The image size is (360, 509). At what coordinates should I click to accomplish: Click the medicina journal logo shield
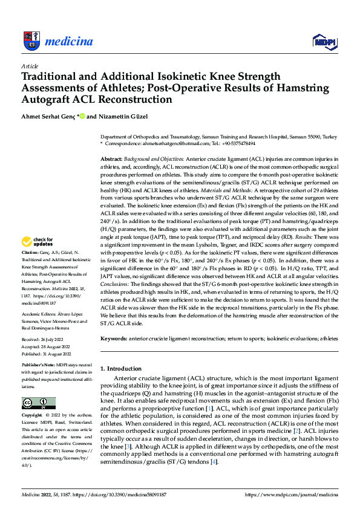pyautogui.click(x=31, y=41)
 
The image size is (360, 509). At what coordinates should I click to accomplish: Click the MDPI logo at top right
pyautogui.click(x=323, y=41)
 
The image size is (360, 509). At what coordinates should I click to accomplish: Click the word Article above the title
pyautogui.click(x=29, y=66)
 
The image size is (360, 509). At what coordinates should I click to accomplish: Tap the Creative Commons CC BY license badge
pyautogui.click(x=38, y=403)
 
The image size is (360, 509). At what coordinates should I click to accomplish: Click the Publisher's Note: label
pyautogui.click(x=39, y=365)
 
